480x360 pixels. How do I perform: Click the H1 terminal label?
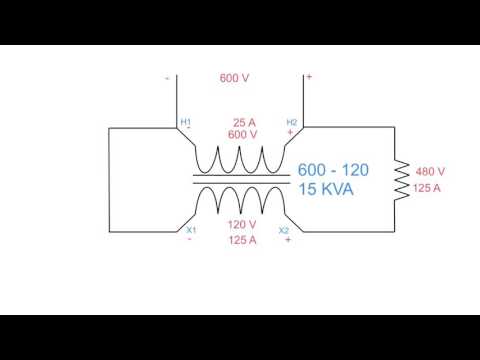click(x=186, y=121)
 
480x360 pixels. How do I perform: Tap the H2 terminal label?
click(x=292, y=121)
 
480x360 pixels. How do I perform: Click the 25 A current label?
click(x=242, y=121)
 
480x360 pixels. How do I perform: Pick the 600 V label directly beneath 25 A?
click(x=242, y=134)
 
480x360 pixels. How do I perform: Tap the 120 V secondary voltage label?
click(x=242, y=226)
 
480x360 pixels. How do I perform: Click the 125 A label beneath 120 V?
click(x=242, y=240)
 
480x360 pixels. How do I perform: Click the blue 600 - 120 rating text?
click(x=330, y=170)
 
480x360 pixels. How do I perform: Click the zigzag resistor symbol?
click(x=401, y=178)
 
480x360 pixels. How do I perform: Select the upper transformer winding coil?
click(x=240, y=160)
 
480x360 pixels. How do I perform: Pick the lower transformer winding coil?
click(x=240, y=198)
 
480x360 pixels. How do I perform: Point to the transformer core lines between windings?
click(x=240, y=179)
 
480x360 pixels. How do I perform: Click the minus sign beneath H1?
click(x=188, y=131)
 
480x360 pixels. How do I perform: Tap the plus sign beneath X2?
click(x=288, y=241)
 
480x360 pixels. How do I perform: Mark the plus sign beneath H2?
click(x=291, y=131)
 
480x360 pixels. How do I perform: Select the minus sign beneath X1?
click(x=189, y=240)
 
